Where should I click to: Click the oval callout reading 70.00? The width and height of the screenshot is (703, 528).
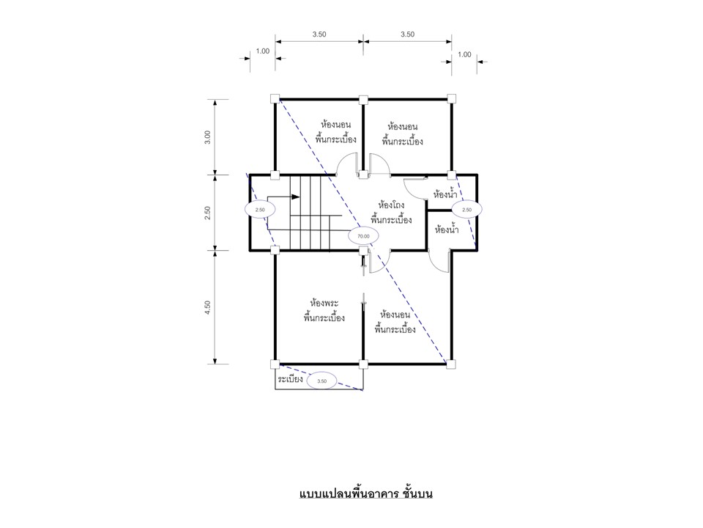pyautogui.click(x=364, y=235)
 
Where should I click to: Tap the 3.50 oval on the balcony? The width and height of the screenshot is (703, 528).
pyautogui.click(x=322, y=381)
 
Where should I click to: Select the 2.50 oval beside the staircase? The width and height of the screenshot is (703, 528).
pyautogui.click(x=260, y=210)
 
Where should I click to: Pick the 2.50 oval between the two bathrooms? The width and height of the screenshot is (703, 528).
pyautogui.click(x=466, y=210)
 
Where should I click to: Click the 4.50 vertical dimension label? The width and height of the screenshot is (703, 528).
pyautogui.click(x=207, y=307)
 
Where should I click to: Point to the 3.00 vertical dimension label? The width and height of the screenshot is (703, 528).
pyautogui.click(x=207, y=137)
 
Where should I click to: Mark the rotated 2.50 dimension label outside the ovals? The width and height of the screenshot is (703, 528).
pyautogui.click(x=207, y=213)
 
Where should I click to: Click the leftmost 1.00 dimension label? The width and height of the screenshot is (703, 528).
pyautogui.click(x=263, y=51)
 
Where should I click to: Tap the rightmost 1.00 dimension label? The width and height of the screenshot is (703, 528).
pyautogui.click(x=464, y=54)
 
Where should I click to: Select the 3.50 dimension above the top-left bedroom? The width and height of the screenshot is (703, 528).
pyautogui.click(x=319, y=34)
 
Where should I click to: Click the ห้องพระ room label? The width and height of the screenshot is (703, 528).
pyautogui.click(x=324, y=304)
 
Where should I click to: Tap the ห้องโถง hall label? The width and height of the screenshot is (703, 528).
pyautogui.click(x=391, y=205)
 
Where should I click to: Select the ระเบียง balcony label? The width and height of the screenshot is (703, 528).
pyautogui.click(x=290, y=379)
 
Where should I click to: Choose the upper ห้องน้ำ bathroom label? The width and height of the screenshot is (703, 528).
pyautogui.click(x=445, y=194)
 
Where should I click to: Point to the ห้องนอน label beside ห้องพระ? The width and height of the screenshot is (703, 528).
pyautogui.click(x=395, y=315)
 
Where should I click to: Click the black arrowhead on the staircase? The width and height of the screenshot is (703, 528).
pyautogui.click(x=295, y=197)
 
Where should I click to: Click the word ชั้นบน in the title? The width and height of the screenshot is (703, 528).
pyautogui.click(x=417, y=494)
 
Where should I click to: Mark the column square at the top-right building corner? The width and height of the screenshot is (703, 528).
pyautogui.click(x=452, y=98)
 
